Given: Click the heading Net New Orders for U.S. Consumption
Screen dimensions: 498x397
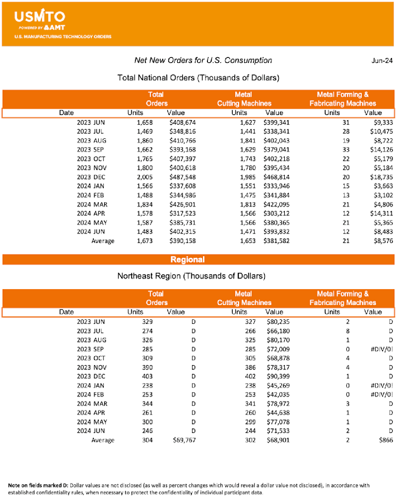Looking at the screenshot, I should point(203,61).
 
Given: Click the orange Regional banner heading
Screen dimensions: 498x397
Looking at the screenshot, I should point(187,259).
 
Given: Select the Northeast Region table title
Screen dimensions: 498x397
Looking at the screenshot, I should point(198,275).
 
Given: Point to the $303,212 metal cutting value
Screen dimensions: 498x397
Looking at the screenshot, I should point(274,214).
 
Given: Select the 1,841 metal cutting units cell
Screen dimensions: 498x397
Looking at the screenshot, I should point(240,141).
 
